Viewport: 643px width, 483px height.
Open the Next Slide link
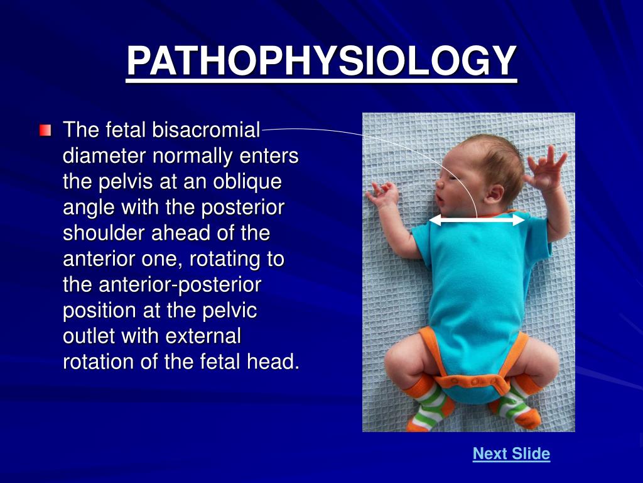[x=511, y=453]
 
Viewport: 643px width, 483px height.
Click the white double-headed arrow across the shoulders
[x=477, y=219]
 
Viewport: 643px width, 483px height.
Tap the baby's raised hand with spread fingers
[x=546, y=169]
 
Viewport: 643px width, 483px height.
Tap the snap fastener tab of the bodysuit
[x=473, y=381]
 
